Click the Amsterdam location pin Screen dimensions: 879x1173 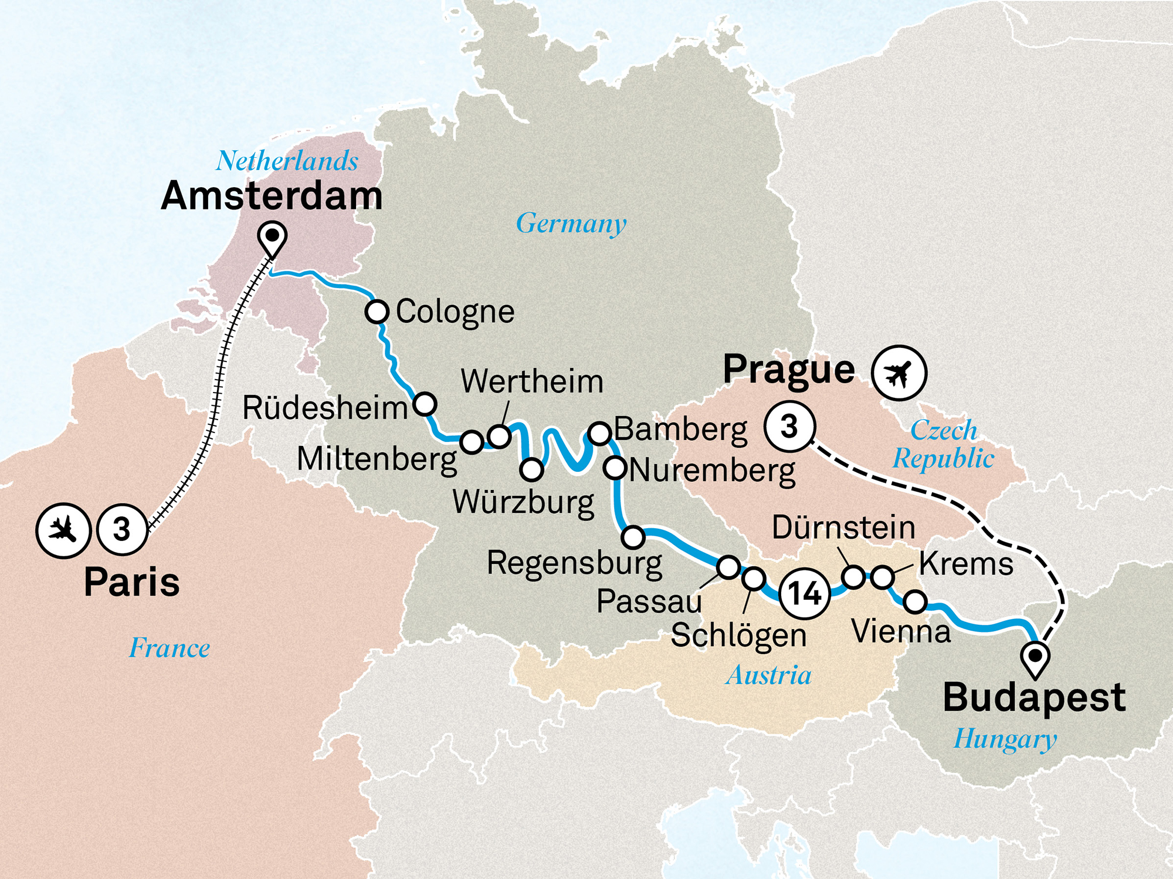(x=272, y=237)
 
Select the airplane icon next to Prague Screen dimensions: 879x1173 (x=899, y=373)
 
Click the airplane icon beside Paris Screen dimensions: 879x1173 (x=63, y=530)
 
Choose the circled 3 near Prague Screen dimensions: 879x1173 (x=789, y=427)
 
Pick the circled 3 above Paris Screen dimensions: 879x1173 (x=122, y=530)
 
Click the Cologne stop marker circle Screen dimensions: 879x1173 (x=377, y=311)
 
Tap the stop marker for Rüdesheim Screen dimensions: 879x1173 (x=425, y=404)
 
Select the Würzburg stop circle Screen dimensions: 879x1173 (x=531, y=469)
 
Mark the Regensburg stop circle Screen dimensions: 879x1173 (x=633, y=536)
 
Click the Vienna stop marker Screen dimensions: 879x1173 (x=915, y=601)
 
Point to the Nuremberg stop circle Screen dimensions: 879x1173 (x=615, y=468)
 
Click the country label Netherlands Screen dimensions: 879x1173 (x=287, y=161)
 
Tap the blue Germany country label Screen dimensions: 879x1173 (x=571, y=224)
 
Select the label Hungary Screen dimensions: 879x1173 (x=1005, y=739)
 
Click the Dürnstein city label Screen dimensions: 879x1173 (x=843, y=528)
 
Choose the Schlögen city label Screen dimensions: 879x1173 (x=738, y=635)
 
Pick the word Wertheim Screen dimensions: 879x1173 (x=532, y=382)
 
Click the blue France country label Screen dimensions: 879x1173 (x=169, y=648)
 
